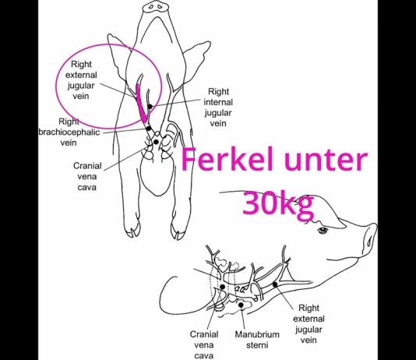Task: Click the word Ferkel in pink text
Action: point(227,160)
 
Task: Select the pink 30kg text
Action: point(278,203)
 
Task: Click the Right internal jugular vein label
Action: point(218,108)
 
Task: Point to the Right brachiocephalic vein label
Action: point(69,132)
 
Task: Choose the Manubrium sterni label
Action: point(257,340)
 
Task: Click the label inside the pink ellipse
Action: point(81,80)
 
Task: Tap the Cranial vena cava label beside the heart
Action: point(87,177)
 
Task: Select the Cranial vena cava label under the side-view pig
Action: point(204,345)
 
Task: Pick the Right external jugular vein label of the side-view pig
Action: point(308,324)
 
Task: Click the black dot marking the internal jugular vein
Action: point(150,107)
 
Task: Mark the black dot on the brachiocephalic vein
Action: point(149,129)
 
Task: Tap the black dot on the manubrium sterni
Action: point(241,305)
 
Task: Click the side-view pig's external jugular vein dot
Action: point(275,284)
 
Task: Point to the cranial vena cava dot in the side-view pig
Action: point(223,287)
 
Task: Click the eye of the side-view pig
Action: point(323,230)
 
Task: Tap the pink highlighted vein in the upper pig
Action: point(141,104)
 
